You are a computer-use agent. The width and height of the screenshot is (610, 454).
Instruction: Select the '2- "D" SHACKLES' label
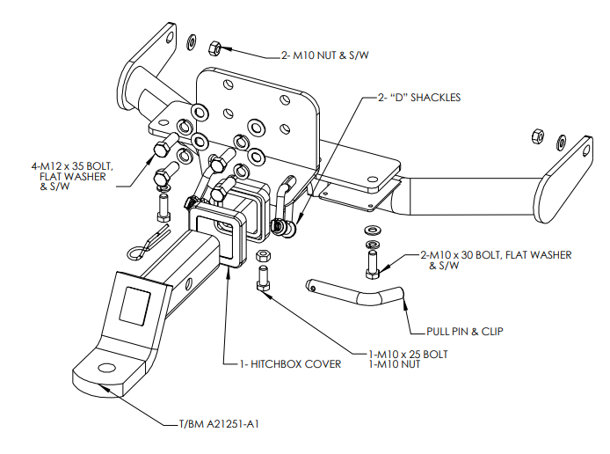point(419,98)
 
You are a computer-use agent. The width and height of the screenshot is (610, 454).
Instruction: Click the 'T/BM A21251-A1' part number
point(214,424)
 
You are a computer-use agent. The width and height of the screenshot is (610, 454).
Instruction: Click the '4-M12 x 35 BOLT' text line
point(81,165)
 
